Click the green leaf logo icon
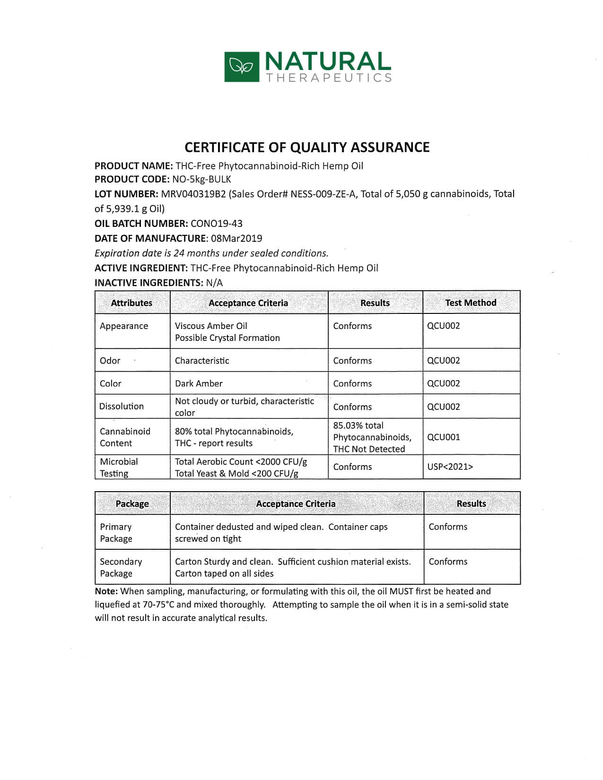click(242, 67)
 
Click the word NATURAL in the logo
click(327, 62)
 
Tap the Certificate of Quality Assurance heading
click(307, 147)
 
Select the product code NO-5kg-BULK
click(201, 179)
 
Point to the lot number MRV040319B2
click(193, 194)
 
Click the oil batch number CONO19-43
click(216, 224)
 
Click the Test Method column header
click(471, 303)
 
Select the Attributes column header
click(131, 303)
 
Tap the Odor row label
click(110, 361)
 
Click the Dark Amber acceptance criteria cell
click(199, 383)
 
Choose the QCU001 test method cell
click(443, 437)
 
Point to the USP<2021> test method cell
click(450, 467)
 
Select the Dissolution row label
click(122, 406)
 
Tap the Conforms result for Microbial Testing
click(352, 467)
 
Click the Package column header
click(132, 504)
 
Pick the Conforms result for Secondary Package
click(448, 562)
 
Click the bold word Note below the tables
click(105, 591)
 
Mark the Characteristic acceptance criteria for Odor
click(202, 361)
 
